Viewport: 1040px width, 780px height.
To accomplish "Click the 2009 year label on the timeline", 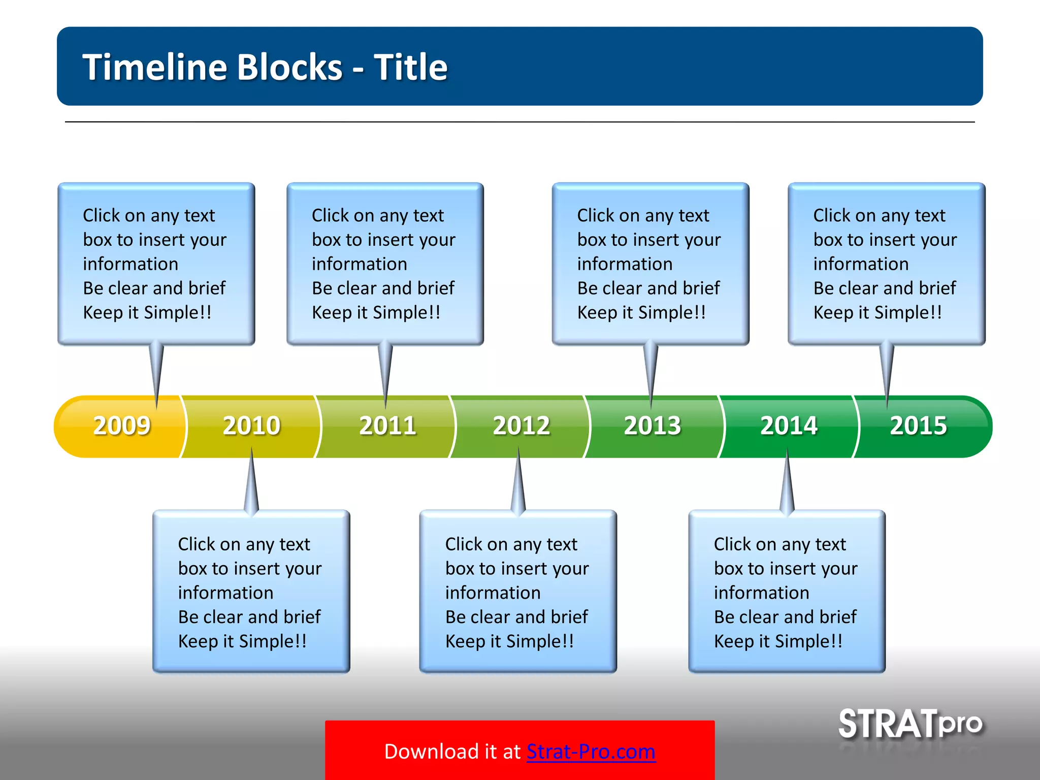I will click(122, 426).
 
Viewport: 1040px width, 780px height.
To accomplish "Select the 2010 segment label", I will click(251, 426).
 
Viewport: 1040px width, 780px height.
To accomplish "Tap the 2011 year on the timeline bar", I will click(387, 426).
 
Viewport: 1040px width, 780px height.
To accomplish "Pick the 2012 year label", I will click(522, 426).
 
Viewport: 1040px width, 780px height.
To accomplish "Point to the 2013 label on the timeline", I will click(652, 426).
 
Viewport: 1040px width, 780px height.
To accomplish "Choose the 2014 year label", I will click(789, 426).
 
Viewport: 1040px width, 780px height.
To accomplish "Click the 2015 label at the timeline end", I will click(918, 426).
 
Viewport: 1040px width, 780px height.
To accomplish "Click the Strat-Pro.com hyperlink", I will click(591, 752).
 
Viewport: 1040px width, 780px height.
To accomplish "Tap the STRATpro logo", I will click(910, 724).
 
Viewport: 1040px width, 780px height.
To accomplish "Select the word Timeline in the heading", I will click(155, 67).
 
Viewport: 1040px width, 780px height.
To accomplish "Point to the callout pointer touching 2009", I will click(156, 373).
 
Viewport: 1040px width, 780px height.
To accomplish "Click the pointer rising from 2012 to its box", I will click(518, 482).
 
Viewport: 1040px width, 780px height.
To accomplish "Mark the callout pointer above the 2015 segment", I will click(887, 373).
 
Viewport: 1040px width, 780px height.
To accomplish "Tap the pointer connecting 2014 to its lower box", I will click(787, 482).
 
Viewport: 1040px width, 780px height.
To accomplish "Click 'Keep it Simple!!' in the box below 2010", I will click(242, 641).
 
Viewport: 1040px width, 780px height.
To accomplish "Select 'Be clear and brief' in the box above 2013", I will click(648, 288).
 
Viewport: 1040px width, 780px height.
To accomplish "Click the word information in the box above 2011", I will click(359, 264).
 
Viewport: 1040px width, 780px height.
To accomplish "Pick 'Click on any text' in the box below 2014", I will click(779, 544).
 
